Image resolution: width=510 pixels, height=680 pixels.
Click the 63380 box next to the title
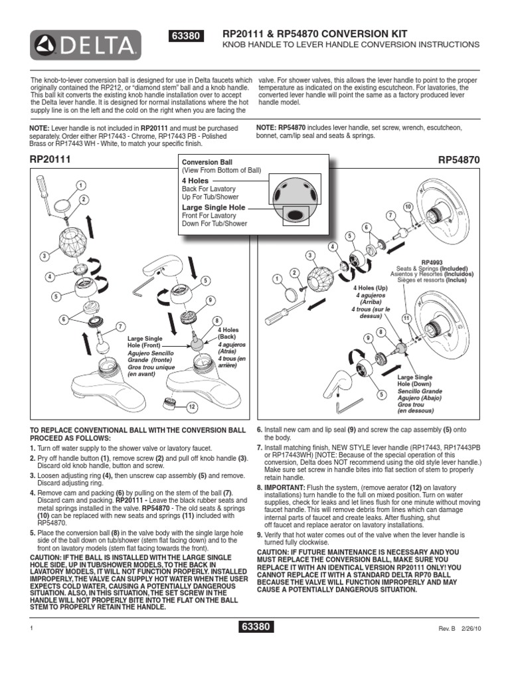(x=188, y=37)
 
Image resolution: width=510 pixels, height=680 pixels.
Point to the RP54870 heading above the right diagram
(x=458, y=159)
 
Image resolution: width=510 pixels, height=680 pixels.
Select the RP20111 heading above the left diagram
(x=50, y=159)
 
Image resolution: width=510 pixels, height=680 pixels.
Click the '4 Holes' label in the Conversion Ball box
(x=195, y=181)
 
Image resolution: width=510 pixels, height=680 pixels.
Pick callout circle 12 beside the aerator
(x=192, y=406)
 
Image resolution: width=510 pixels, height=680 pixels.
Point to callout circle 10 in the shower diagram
(x=408, y=208)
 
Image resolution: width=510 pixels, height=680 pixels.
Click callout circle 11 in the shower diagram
(x=406, y=318)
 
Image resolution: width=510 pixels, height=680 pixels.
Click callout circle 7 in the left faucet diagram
(x=120, y=326)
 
